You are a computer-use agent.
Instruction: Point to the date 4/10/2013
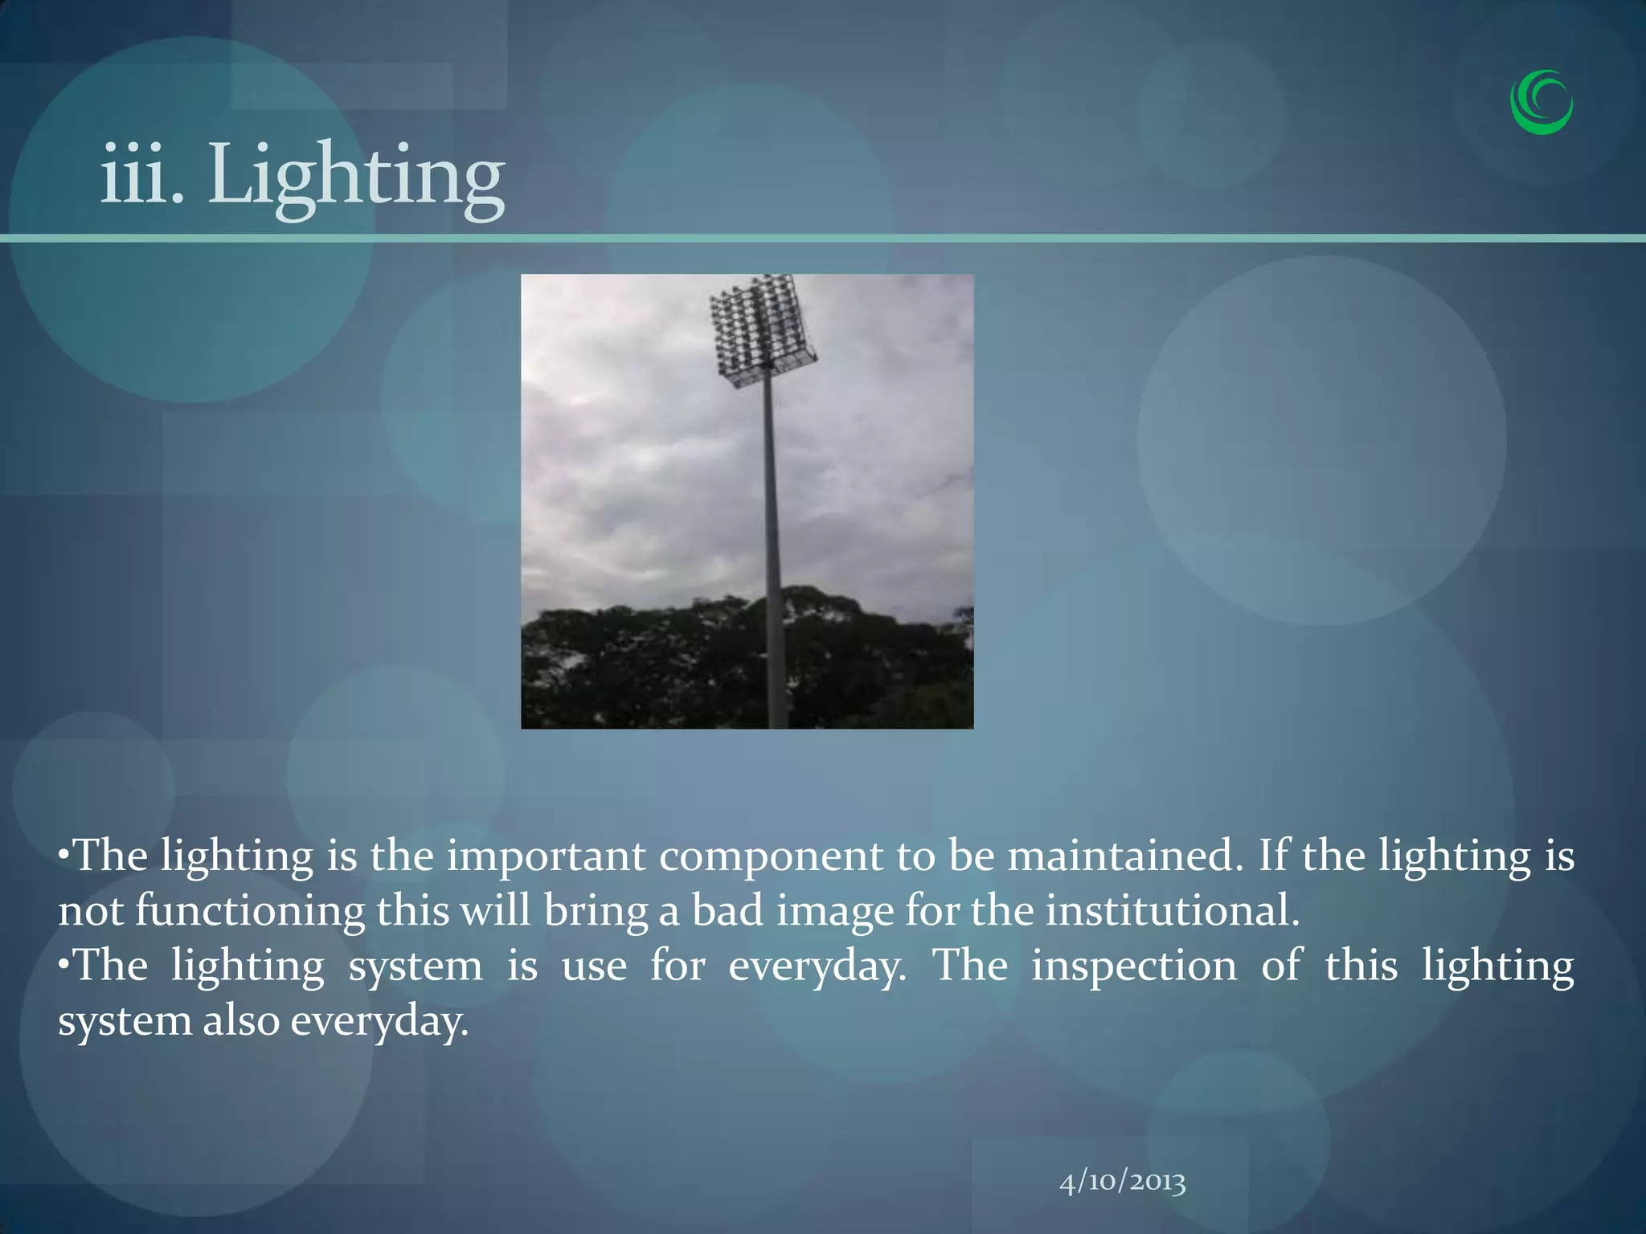[1122, 1182]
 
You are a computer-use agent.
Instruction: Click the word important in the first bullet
[546, 856]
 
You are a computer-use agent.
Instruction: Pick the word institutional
[1172, 912]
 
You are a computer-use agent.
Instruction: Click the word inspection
[1134, 966]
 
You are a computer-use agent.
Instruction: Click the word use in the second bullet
[594, 966]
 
